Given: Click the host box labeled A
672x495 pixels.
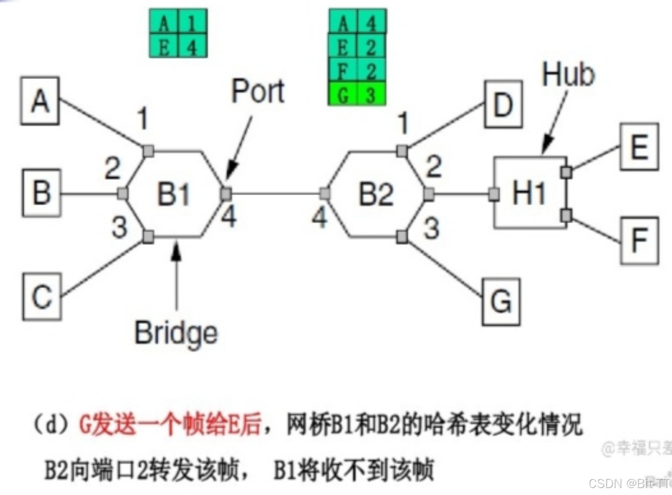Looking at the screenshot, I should [x=40, y=104].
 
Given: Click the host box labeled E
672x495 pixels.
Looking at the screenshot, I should [x=639, y=147].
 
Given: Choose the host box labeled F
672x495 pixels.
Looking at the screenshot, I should [x=639, y=240].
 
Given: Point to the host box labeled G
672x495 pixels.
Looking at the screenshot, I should [x=502, y=300].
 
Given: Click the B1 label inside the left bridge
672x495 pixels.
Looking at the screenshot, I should [x=174, y=195].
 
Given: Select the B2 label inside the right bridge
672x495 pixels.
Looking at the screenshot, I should [x=375, y=195].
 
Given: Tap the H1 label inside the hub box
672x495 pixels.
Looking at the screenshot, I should [x=529, y=194].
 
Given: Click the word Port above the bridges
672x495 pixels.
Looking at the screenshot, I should [x=258, y=92].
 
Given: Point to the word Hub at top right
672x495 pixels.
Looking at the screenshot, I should [x=568, y=75].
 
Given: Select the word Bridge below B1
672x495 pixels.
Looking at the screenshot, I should [x=176, y=333].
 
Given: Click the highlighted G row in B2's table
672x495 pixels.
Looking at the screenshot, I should [x=357, y=94].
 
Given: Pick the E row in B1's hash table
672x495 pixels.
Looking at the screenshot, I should [x=178, y=46].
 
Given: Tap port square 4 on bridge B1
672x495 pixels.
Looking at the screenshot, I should [x=226, y=194].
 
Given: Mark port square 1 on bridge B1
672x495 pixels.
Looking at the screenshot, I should [x=148, y=151].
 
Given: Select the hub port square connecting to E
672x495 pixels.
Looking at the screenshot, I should [x=566, y=172].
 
